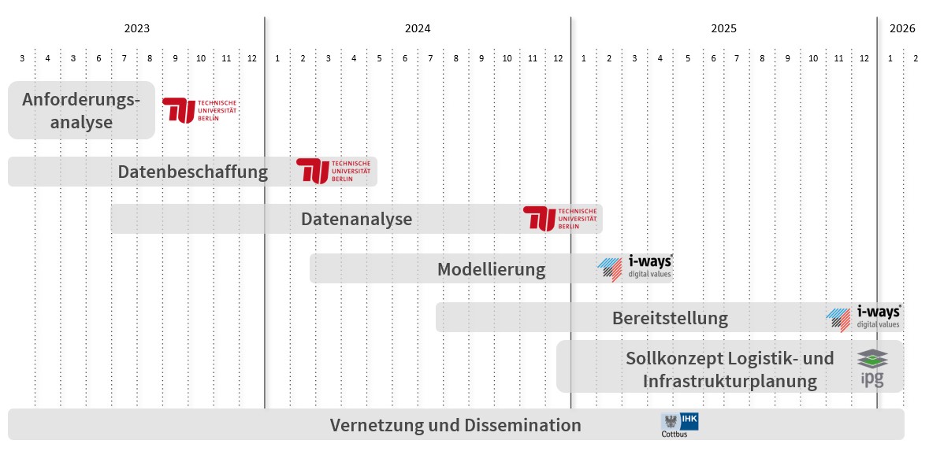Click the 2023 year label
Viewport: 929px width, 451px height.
click(136, 29)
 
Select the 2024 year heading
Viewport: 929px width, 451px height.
click(418, 29)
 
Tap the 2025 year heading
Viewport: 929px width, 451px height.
click(723, 29)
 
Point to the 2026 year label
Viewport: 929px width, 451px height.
click(902, 29)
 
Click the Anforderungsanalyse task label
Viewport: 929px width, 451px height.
click(81, 111)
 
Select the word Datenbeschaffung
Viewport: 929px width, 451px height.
click(193, 172)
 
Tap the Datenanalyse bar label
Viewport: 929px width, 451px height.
click(356, 219)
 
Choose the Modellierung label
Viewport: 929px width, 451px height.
click(491, 269)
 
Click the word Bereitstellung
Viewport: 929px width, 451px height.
click(670, 318)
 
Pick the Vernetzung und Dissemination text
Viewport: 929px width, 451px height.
click(455, 426)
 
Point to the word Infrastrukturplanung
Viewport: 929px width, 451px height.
click(730, 381)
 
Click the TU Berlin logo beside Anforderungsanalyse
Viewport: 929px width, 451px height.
click(199, 110)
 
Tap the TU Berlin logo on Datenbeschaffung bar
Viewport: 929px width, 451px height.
click(333, 171)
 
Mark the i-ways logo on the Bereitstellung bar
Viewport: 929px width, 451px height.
click(864, 317)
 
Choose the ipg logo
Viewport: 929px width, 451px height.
click(872, 368)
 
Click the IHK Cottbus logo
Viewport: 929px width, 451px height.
click(679, 425)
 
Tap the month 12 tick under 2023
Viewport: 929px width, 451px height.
click(251, 58)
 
